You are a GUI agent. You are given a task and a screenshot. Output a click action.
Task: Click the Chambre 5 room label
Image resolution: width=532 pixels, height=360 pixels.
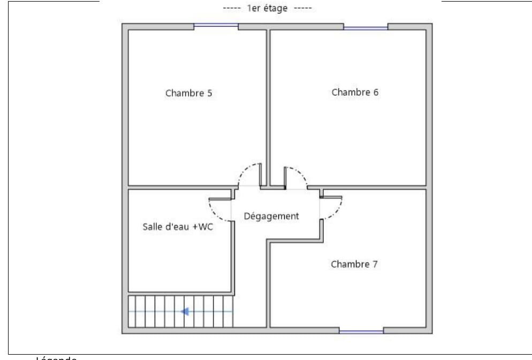click(188, 93)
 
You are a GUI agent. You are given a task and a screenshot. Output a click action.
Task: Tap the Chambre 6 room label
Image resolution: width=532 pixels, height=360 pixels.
click(355, 92)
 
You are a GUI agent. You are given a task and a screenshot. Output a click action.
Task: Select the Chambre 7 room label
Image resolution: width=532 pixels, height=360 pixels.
click(354, 264)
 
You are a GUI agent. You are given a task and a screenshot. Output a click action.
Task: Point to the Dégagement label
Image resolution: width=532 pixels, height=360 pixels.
click(271, 216)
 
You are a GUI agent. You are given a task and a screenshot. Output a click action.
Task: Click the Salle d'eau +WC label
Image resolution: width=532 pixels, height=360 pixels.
click(178, 226)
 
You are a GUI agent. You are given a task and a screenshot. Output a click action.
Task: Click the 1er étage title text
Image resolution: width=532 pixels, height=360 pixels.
click(267, 8)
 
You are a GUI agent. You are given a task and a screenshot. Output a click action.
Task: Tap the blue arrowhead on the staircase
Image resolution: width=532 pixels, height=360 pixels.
click(186, 311)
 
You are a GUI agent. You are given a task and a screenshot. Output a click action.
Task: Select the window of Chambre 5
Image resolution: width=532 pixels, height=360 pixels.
click(216, 25)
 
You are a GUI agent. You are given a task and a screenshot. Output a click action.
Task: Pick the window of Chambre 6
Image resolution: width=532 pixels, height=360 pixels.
click(366, 27)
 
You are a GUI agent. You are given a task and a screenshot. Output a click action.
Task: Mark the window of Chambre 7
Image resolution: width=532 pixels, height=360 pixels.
click(361, 332)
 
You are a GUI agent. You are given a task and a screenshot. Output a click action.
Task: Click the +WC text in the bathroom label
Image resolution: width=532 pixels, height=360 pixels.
click(203, 226)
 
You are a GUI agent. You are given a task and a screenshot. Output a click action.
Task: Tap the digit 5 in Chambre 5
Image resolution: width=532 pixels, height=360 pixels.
click(209, 93)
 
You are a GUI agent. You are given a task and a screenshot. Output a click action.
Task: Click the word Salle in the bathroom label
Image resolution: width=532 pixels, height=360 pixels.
click(151, 226)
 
